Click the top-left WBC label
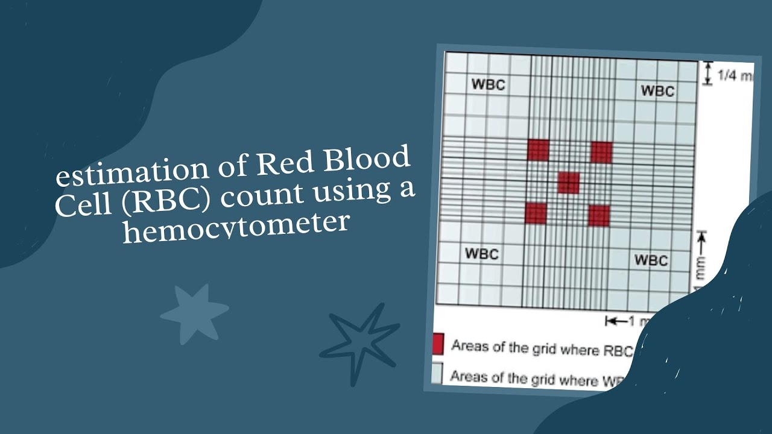pos(487,84)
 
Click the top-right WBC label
pos(657,91)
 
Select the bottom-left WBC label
pos(481,254)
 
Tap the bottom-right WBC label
pos(651,260)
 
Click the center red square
pos(568,182)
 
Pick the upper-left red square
pos(538,150)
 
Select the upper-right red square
pos(601,153)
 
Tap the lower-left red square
pos(536,213)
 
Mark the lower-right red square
pos(599,216)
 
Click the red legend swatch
pos(437,344)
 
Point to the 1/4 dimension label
pos(733,76)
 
